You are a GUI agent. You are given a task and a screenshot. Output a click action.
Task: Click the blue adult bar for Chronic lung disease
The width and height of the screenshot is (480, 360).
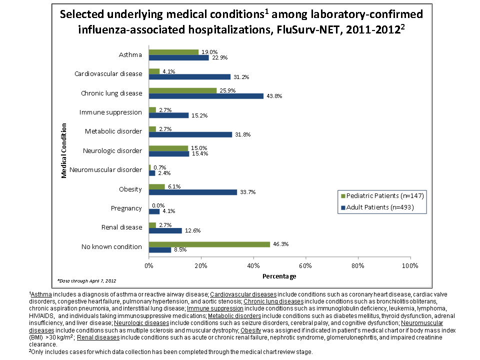click(206, 96)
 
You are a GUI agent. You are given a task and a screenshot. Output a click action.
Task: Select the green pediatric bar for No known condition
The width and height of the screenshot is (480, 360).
click(209, 244)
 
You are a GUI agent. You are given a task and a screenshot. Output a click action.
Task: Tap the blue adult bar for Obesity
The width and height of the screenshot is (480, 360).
click(192, 192)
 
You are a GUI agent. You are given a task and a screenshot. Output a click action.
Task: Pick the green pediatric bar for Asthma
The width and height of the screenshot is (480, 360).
click(173, 52)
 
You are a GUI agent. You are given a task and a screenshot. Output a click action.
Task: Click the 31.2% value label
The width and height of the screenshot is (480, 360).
click(241, 77)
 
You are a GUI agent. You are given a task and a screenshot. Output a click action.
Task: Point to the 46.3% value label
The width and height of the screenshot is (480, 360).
click(281, 244)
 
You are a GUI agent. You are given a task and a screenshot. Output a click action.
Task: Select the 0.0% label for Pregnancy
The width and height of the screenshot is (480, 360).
click(158, 205)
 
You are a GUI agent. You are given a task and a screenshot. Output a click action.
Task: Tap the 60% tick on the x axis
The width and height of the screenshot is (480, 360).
click(305, 265)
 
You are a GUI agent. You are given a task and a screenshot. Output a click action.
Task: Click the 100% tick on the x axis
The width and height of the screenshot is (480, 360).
click(410, 265)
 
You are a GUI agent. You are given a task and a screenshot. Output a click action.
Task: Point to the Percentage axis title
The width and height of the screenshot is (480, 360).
click(279, 276)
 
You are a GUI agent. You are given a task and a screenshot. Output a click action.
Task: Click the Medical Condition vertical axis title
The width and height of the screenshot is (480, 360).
click(64, 151)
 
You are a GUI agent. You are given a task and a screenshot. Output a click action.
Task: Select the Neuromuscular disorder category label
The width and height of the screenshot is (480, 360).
click(106, 170)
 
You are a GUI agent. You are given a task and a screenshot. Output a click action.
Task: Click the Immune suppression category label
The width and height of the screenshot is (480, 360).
click(111, 112)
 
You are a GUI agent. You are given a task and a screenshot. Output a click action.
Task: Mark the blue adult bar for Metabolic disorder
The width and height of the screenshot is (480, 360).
click(190, 134)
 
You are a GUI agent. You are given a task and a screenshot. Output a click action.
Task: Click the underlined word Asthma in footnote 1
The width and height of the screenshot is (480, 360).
click(41, 295)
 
